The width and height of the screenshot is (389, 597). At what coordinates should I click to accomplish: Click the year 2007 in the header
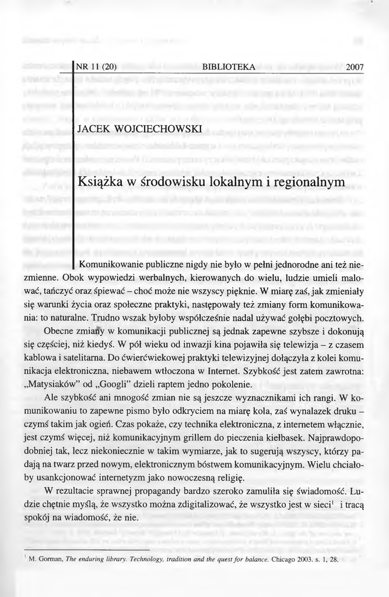355,68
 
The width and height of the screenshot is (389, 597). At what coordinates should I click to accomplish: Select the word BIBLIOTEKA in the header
228,67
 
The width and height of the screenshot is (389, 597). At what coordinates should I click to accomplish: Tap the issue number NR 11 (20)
96,67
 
